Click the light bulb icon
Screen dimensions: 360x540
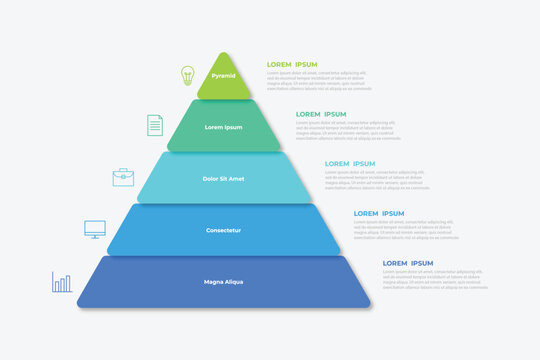(x=187, y=75)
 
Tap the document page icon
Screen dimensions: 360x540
(x=155, y=125)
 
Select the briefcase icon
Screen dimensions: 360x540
(x=123, y=177)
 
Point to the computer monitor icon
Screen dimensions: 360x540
(x=95, y=230)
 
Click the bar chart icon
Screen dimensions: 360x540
(x=62, y=283)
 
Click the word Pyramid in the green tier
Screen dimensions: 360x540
(x=224, y=76)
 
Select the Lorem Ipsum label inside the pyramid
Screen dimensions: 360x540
(x=224, y=127)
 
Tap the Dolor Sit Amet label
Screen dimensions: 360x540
(x=224, y=179)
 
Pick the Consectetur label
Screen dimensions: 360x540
(x=224, y=230)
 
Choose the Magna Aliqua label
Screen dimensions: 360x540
(x=224, y=282)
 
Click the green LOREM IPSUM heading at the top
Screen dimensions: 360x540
(x=292, y=64)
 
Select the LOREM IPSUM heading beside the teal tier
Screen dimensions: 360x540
(x=321, y=114)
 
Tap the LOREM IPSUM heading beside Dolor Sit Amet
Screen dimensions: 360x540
(x=350, y=163)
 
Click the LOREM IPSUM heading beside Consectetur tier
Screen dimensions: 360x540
(x=379, y=213)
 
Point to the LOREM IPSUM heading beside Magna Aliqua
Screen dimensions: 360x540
(x=408, y=263)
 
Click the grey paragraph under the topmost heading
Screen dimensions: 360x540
(x=319, y=80)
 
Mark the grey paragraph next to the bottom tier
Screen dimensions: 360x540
(x=435, y=279)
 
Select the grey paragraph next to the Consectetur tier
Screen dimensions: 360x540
(x=406, y=230)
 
